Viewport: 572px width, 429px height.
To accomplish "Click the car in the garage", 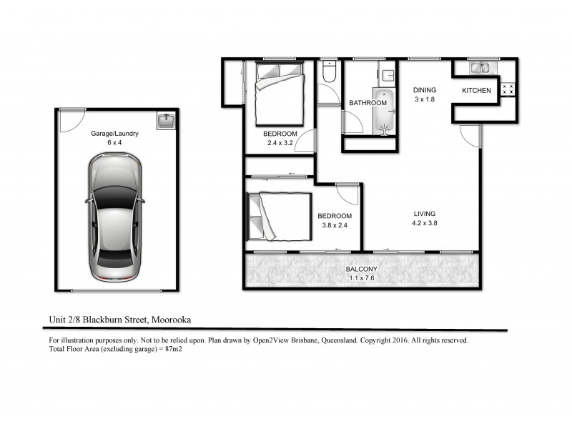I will click(115, 220).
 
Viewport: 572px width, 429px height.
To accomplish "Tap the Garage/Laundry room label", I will click(114, 133).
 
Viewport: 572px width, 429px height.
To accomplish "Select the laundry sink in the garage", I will click(165, 120).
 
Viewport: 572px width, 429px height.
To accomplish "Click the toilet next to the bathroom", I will click(330, 71).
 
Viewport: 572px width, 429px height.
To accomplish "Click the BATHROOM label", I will click(368, 103).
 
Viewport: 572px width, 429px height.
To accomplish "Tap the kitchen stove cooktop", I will click(509, 89).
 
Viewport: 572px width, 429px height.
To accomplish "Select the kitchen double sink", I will click(479, 69).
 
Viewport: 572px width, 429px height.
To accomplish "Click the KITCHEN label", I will click(476, 90).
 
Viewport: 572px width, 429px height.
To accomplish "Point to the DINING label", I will click(425, 90).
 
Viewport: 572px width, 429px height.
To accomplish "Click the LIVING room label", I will click(425, 214).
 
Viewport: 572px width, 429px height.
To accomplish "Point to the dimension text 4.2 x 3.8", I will click(425, 223).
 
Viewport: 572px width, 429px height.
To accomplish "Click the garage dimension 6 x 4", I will click(114, 142).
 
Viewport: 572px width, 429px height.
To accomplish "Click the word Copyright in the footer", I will click(390, 340).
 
